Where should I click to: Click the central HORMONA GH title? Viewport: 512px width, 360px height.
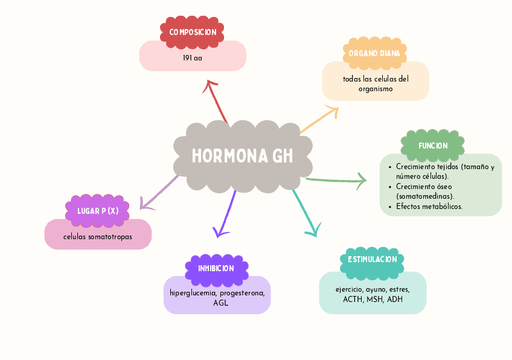click(242, 156)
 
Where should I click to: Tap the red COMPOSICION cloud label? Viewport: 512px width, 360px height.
click(193, 32)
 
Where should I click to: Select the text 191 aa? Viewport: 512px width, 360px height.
click(192, 59)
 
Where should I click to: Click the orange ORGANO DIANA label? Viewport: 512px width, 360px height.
click(374, 54)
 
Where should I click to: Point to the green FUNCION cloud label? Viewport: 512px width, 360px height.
click(433, 146)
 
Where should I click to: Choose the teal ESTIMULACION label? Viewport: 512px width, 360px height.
click(373, 260)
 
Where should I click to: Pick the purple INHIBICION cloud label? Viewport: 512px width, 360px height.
click(216, 268)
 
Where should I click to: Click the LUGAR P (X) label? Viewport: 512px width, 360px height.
click(98, 211)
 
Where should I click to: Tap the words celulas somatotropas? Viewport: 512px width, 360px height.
click(98, 237)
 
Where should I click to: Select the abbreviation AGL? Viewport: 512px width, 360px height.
click(220, 303)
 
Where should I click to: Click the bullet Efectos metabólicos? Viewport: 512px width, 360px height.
click(429, 207)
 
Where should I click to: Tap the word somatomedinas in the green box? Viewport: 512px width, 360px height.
click(424, 196)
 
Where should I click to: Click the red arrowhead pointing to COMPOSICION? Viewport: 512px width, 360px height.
click(211, 83)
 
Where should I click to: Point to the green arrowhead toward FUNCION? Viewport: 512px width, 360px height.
click(362, 179)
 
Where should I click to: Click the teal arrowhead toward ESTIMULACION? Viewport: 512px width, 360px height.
click(313, 231)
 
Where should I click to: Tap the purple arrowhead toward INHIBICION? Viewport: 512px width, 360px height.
click(220, 232)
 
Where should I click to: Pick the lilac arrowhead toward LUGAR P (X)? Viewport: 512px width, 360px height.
click(144, 204)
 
